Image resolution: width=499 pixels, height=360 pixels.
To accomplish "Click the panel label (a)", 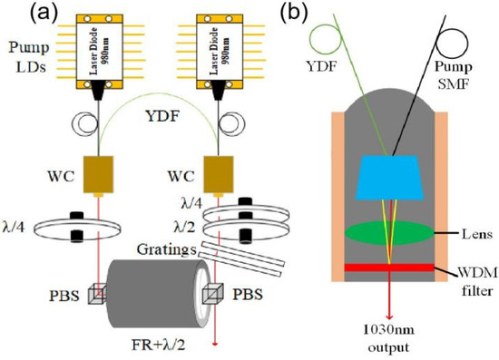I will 21,14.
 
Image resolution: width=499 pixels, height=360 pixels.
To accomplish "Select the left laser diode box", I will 106,49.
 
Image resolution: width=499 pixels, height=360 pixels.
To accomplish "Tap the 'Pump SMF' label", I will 466,70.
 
